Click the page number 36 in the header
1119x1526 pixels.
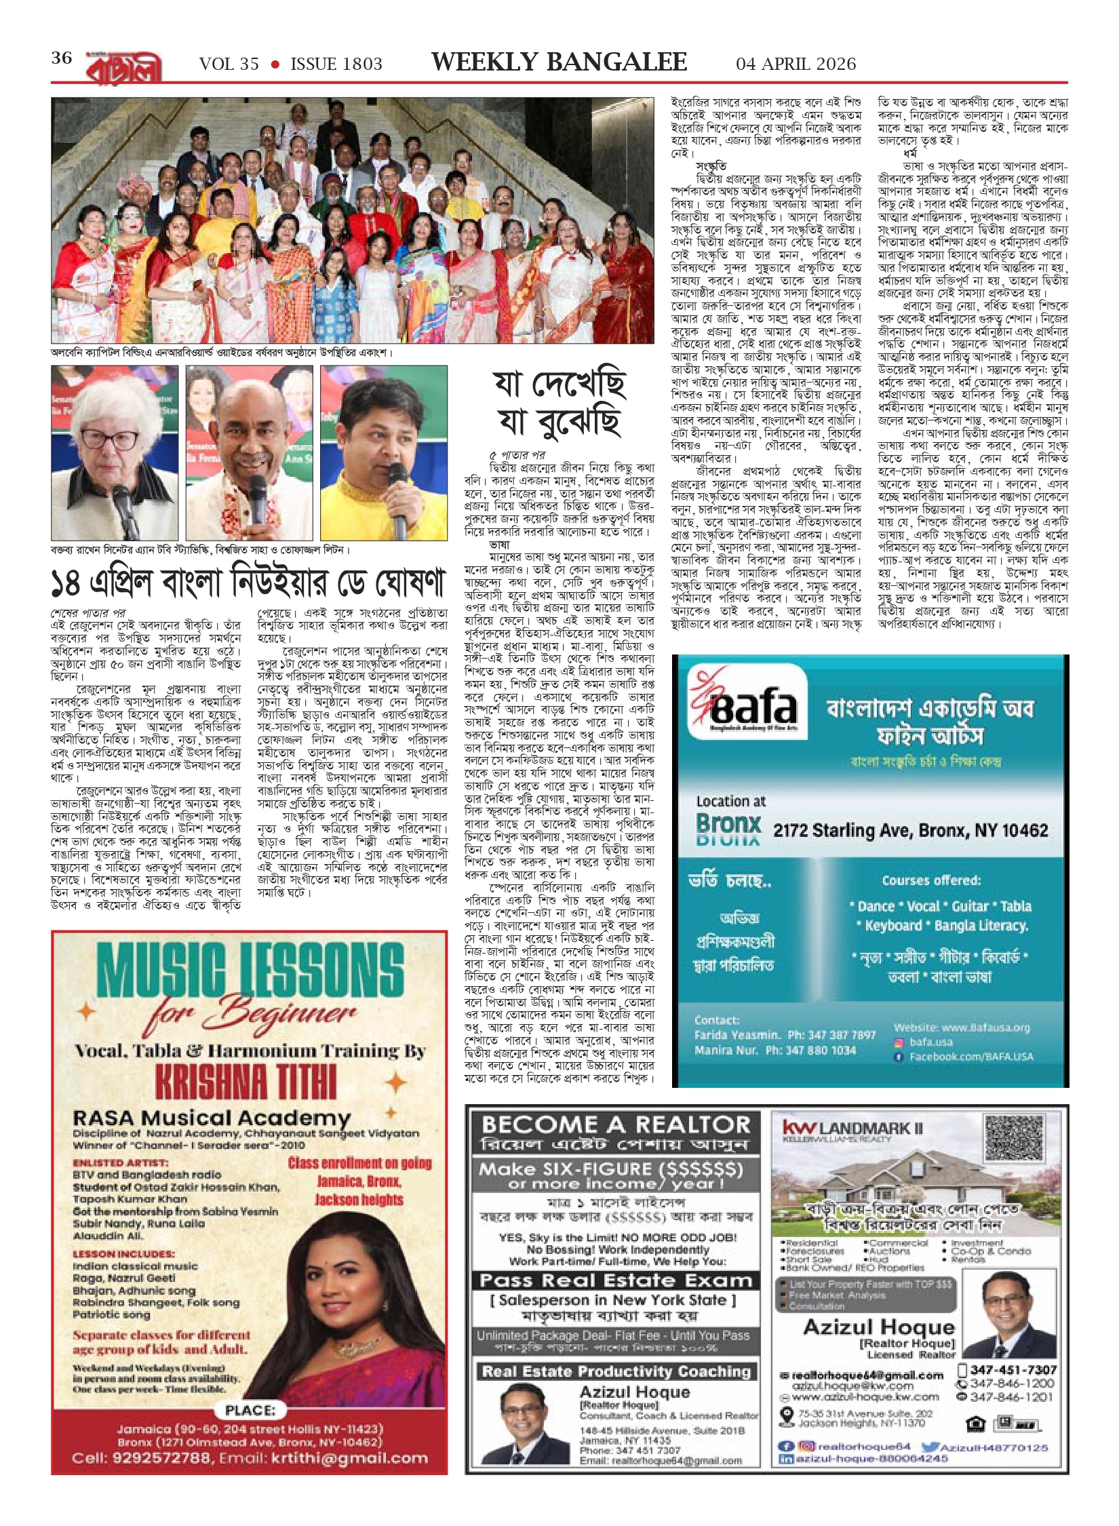(x=62, y=58)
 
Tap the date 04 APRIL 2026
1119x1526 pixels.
(x=796, y=64)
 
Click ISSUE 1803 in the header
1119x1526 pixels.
(x=336, y=64)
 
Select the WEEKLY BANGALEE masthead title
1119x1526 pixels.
(x=559, y=62)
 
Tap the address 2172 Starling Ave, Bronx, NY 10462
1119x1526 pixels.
(x=911, y=830)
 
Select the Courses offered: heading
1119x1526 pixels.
(x=931, y=880)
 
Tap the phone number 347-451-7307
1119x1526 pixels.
(x=1013, y=1370)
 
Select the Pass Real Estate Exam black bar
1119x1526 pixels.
(x=615, y=1280)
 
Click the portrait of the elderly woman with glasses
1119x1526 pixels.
(x=115, y=452)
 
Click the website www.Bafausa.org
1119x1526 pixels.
(x=962, y=1028)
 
